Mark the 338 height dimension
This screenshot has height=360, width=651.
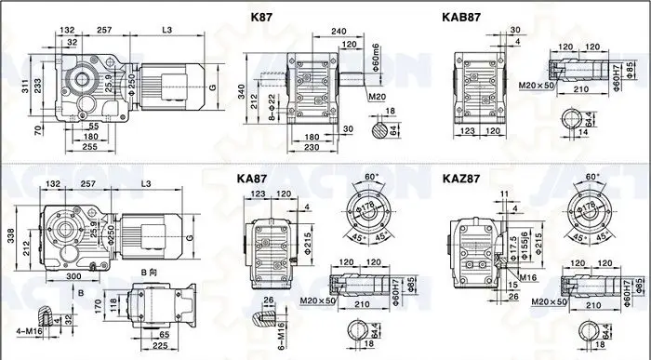(x=11, y=237)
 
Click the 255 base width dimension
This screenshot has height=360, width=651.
(x=87, y=147)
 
